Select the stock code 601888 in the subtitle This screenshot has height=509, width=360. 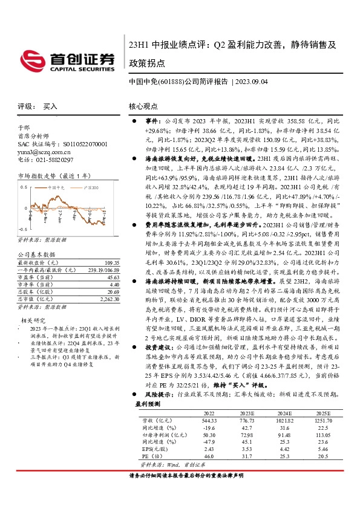tap(171, 82)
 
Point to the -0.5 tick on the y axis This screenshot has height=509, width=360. tap(21, 230)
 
